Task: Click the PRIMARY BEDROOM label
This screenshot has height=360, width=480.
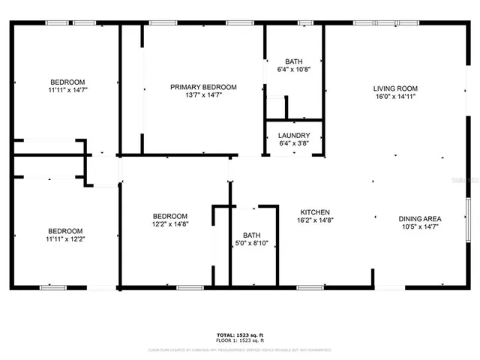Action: (203, 88)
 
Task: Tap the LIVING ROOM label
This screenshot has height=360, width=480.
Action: (394, 88)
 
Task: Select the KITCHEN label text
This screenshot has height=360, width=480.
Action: (315, 212)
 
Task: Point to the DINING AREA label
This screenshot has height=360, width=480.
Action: (419, 219)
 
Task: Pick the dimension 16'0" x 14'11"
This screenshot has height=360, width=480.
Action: (394, 96)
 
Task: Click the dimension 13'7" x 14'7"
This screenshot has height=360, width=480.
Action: (203, 96)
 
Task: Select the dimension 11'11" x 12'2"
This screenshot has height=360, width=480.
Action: (66, 239)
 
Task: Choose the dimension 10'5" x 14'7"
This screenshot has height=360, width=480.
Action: (419, 227)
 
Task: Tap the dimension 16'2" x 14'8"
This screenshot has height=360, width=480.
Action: (315, 220)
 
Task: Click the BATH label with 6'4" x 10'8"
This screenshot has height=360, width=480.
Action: (294, 61)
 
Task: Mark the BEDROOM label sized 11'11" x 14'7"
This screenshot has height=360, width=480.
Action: (67, 82)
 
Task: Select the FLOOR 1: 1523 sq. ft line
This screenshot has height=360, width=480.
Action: (240, 340)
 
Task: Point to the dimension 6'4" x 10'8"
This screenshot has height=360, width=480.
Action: (294, 70)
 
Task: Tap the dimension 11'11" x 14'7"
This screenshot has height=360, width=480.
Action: (67, 90)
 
